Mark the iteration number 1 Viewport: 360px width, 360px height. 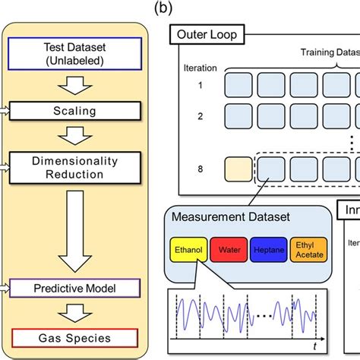click(x=201, y=84)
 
